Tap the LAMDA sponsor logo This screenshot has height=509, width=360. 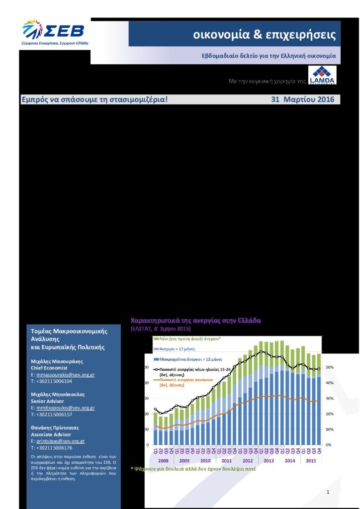tap(322, 76)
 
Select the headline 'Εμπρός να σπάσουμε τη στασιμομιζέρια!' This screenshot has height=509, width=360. tap(94, 99)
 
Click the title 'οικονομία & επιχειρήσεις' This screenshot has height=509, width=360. tap(265, 35)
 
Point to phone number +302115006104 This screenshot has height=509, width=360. tap(54, 381)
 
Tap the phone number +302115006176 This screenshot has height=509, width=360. tap(54, 448)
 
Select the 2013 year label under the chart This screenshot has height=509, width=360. tap(269, 461)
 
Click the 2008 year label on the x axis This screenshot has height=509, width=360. tap(163, 461)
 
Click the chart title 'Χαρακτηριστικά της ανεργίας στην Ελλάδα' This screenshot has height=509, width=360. tap(195, 321)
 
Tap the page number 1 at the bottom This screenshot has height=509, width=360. tap(328, 492)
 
